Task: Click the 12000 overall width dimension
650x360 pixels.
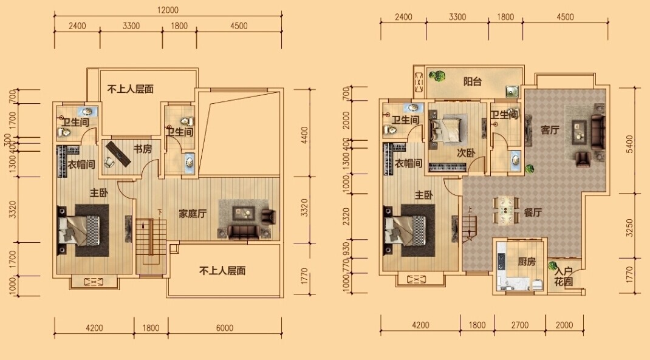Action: [168, 10]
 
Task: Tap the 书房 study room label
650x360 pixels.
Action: [143, 149]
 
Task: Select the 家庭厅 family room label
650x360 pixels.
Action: [193, 214]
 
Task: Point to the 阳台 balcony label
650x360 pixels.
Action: [473, 81]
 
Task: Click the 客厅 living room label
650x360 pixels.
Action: [550, 130]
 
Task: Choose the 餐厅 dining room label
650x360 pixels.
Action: [533, 212]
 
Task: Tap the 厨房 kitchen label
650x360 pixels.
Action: [527, 262]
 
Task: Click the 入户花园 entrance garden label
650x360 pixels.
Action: [564, 277]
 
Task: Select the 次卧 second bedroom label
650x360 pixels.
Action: [466, 153]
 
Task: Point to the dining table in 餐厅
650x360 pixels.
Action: [506, 210]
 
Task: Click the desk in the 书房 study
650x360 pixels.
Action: [118, 154]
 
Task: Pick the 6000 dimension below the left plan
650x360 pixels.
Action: [225, 328]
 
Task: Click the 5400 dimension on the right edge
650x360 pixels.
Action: [630, 144]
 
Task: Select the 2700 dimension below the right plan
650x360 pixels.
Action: [520, 325]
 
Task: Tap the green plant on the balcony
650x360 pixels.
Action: [437, 76]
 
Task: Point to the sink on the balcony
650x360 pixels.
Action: [512, 92]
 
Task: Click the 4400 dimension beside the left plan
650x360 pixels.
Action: [305, 135]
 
